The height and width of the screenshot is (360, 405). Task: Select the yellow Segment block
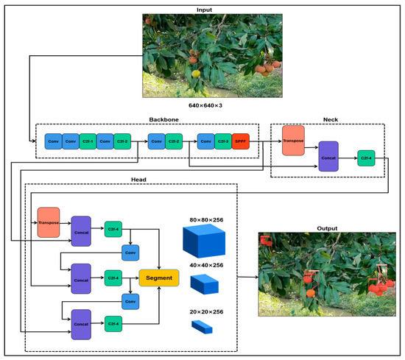pos(161,278)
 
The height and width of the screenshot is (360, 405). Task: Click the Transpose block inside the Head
pos(50,222)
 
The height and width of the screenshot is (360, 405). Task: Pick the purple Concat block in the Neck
pos(328,157)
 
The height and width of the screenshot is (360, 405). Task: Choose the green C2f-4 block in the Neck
pos(366,157)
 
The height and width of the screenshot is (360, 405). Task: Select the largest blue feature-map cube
pos(205,241)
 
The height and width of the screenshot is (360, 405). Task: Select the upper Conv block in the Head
pos(131,253)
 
